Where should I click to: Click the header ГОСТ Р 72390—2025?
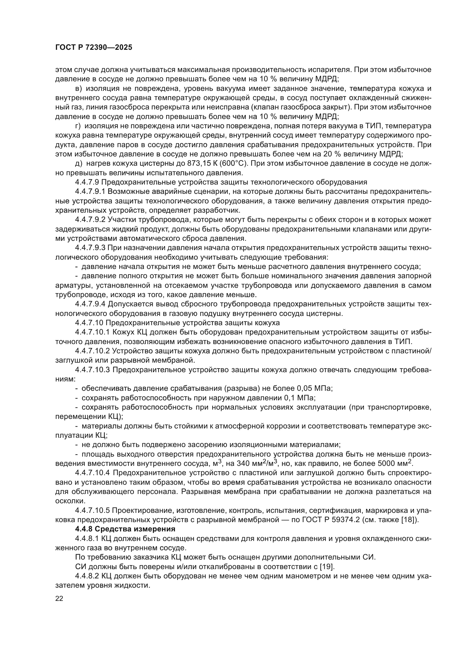[94, 48]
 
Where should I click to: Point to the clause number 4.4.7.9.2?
[91, 219]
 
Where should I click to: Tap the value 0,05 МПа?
[314, 388]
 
